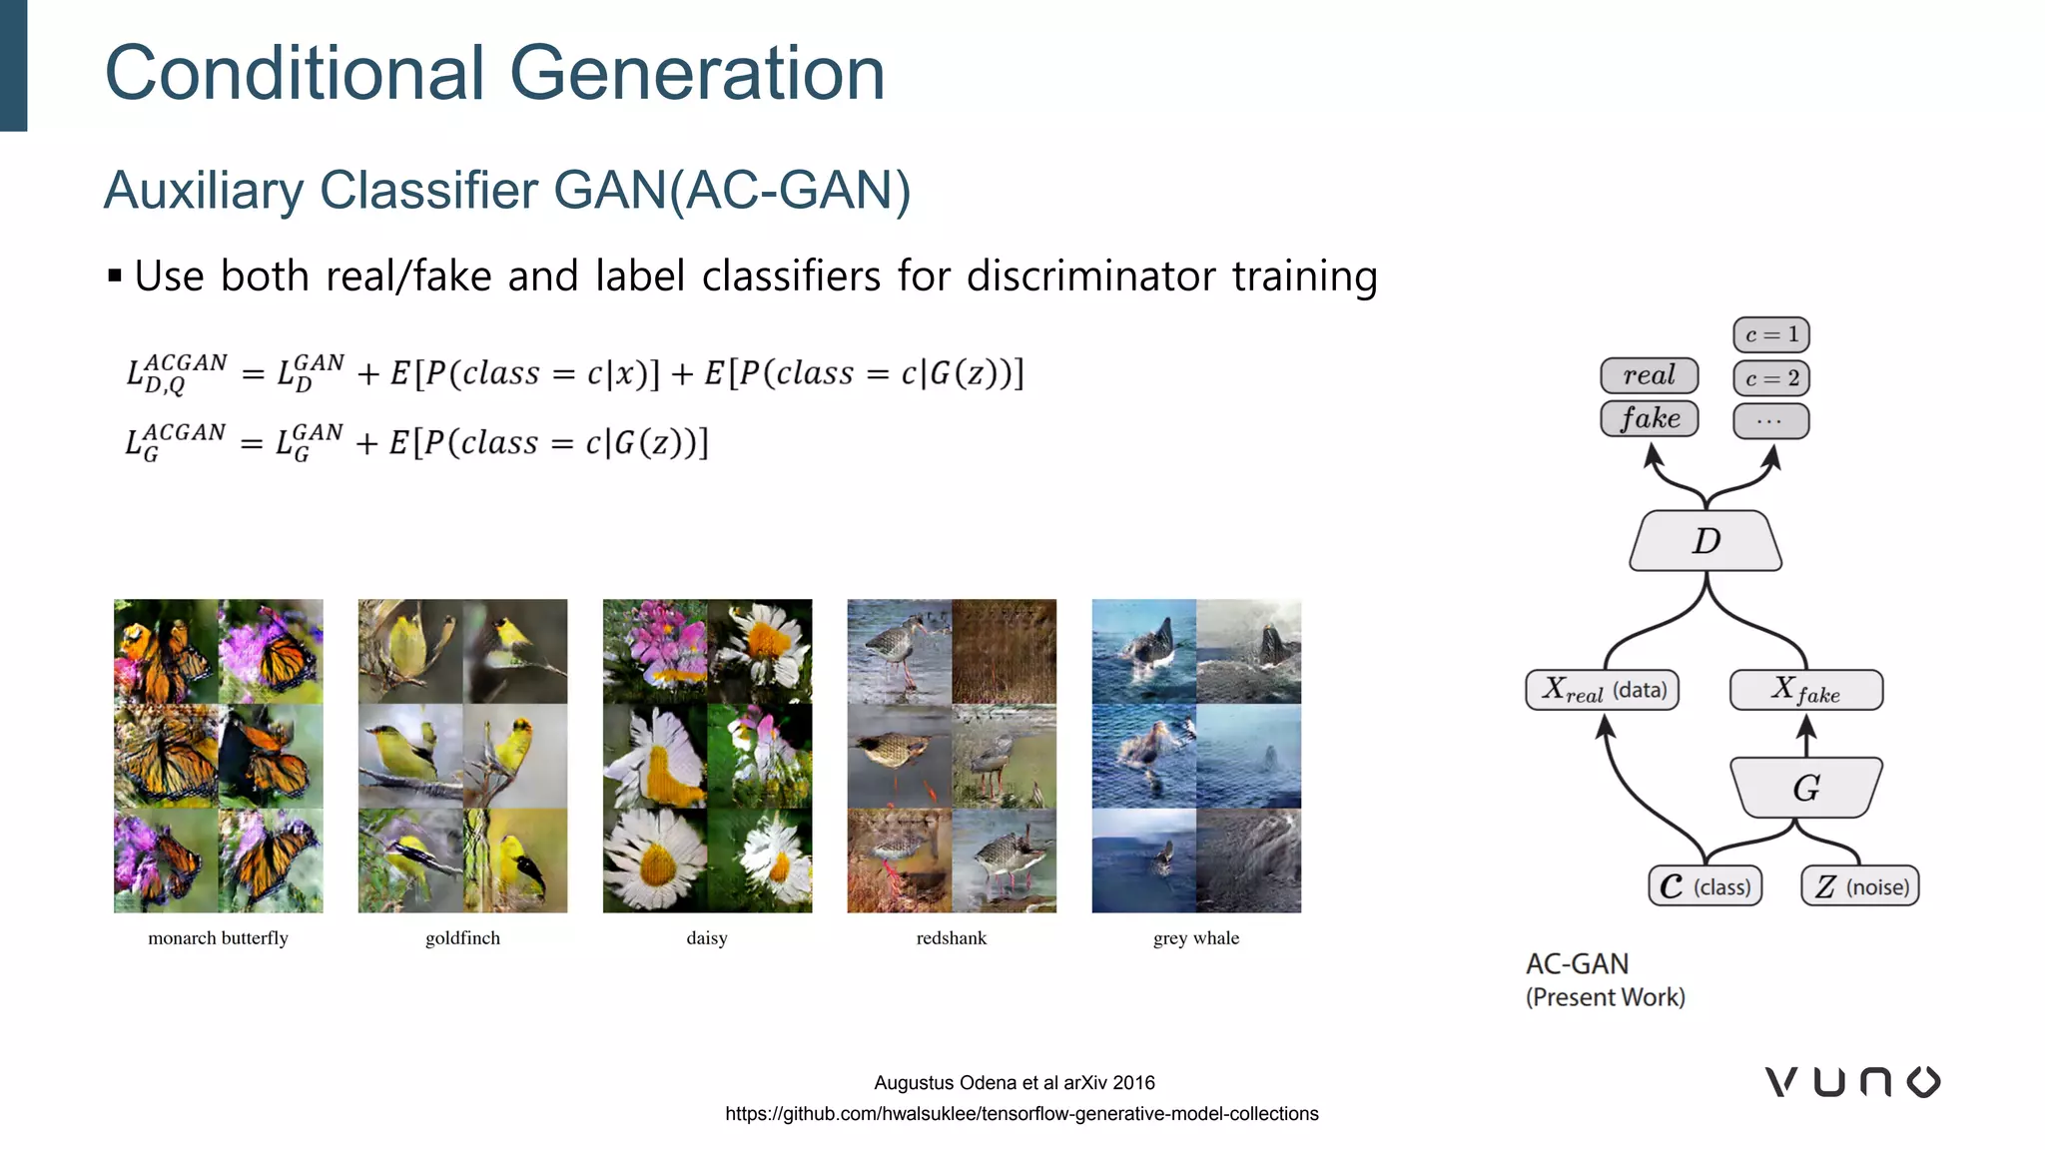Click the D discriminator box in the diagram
coord(1705,541)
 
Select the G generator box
coord(1805,788)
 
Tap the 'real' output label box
coord(1649,375)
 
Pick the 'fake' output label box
coord(1649,418)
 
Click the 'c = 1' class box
coord(1771,334)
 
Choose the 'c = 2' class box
coord(1771,378)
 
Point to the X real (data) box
coord(1602,690)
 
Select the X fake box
coord(1805,690)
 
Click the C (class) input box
coord(1704,886)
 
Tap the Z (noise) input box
coord(1860,886)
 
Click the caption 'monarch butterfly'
coord(218,938)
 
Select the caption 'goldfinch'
coord(462,938)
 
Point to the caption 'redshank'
coord(951,938)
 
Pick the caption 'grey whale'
coord(1195,938)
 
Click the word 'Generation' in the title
coord(697,74)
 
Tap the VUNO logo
coord(1852,1082)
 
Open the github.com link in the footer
coord(1022,1114)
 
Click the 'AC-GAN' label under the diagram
coord(1577,964)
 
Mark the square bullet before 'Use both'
coord(115,276)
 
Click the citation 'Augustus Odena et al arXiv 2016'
coord(1014,1083)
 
